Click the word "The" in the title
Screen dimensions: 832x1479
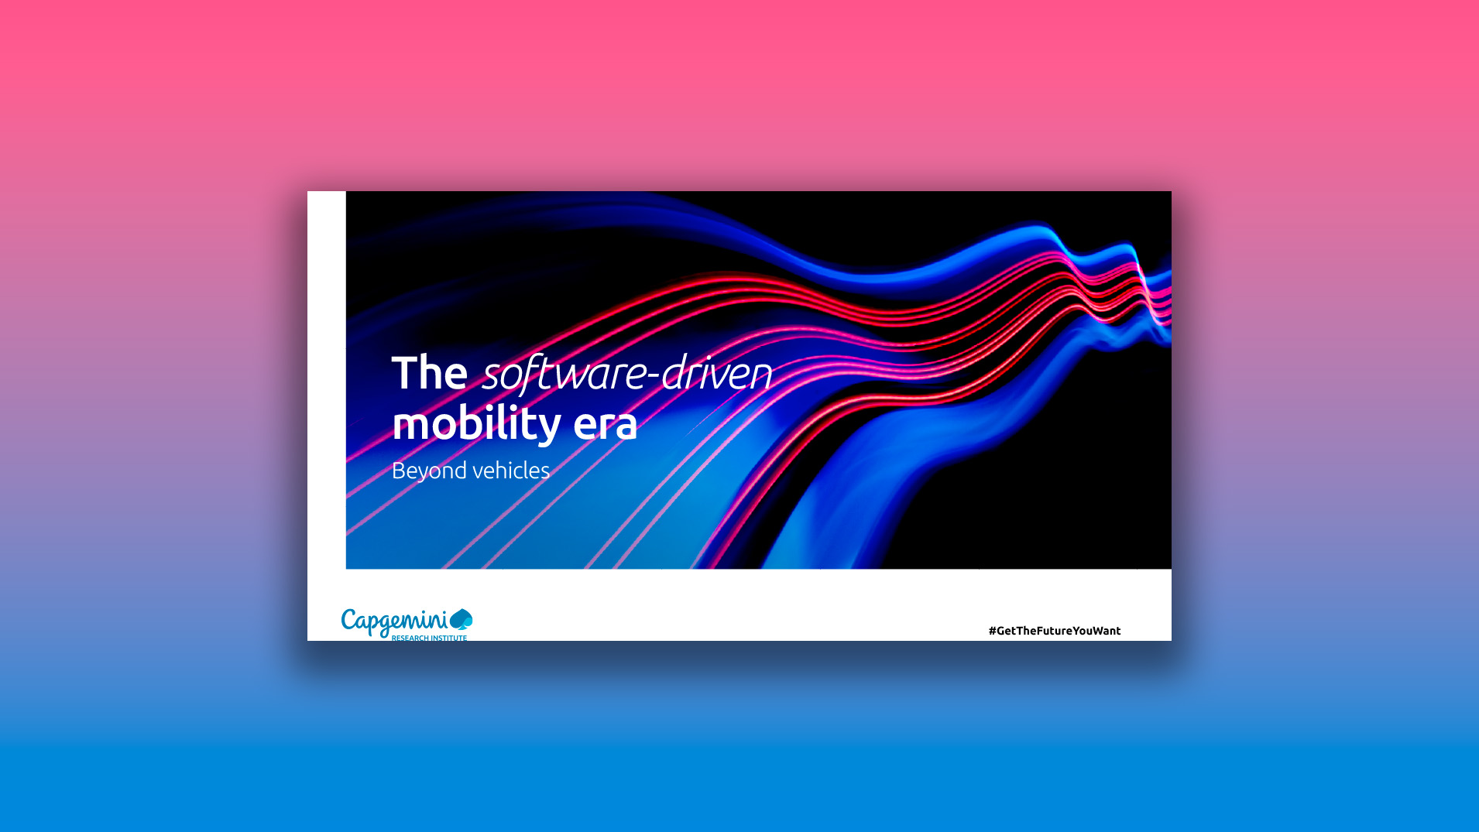click(429, 373)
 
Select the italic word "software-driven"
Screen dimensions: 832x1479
click(627, 373)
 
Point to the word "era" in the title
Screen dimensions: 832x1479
click(605, 423)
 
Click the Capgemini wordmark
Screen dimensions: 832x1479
click(394, 621)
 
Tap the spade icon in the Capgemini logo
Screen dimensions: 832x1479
click(462, 619)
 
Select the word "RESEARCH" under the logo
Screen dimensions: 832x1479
click(410, 638)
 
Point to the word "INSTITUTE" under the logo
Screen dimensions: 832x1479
click(449, 638)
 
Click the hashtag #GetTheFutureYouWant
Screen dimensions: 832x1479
click(1054, 631)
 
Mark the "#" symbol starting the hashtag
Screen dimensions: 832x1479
click(992, 631)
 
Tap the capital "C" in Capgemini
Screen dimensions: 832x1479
click(349, 620)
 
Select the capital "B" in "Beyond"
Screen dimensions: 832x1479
click(398, 470)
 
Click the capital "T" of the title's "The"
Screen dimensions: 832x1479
click(403, 372)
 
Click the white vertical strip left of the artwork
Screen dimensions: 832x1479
click(326, 379)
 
